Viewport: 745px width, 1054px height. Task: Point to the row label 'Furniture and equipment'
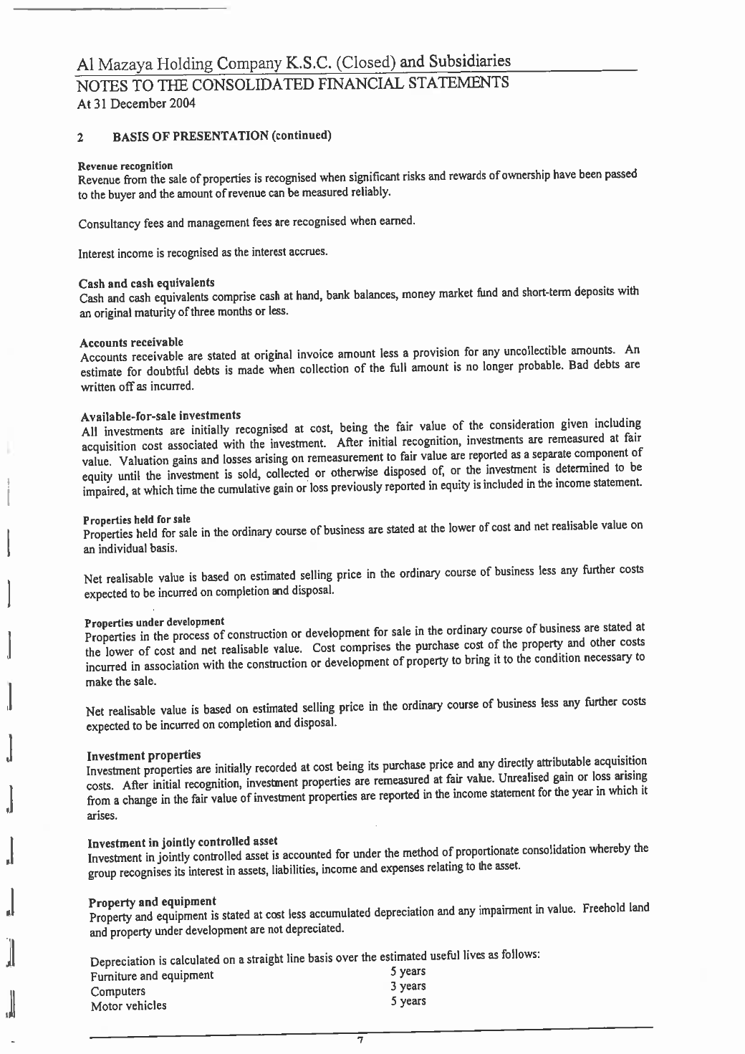[151, 975]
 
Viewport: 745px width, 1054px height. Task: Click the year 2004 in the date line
[182, 103]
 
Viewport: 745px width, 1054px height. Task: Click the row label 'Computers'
[117, 991]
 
